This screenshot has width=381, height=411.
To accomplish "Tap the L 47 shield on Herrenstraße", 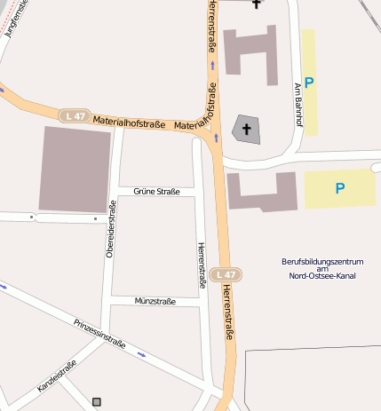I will click(x=226, y=275).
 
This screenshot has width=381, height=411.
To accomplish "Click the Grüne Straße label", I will click(x=156, y=191).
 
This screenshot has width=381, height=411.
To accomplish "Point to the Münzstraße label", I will click(x=155, y=301).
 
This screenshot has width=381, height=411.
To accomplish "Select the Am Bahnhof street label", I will click(x=298, y=105).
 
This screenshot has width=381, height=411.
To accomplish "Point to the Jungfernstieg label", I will click(x=16, y=18).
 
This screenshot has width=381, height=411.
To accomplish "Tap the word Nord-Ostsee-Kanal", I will click(x=322, y=275).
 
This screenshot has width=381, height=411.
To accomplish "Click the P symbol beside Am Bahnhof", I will click(x=309, y=83).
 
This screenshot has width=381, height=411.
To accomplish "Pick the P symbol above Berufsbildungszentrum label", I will click(x=339, y=188).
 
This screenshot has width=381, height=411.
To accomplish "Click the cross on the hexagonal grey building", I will click(x=246, y=130).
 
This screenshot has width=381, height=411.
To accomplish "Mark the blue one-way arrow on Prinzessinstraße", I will click(x=141, y=353).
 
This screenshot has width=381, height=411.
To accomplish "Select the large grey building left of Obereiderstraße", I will click(x=75, y=169).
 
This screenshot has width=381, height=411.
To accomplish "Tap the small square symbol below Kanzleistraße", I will click(x=97, y=402).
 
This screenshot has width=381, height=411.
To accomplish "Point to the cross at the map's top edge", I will click(x=257, y=4).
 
